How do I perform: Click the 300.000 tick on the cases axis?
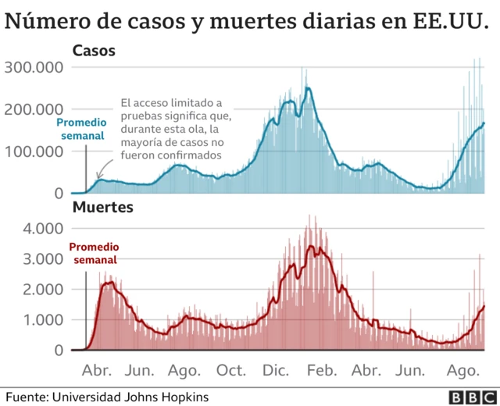pos(35,68)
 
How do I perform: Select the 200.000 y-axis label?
pos(35,109)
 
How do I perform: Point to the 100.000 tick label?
pos(35,151)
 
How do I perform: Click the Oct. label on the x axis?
pos(232,369)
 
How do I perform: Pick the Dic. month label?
pos(277,369)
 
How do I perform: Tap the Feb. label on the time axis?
pos(323,369)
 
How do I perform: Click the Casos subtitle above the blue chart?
pos(94,52)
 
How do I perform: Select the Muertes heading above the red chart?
pos(103,208)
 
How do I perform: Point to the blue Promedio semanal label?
pos(82,129)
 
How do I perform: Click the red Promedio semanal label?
pos(95,253)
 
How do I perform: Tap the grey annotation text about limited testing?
pos(172,129)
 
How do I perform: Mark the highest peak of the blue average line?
pos(309,88)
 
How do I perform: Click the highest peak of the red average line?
pos(310,247)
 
